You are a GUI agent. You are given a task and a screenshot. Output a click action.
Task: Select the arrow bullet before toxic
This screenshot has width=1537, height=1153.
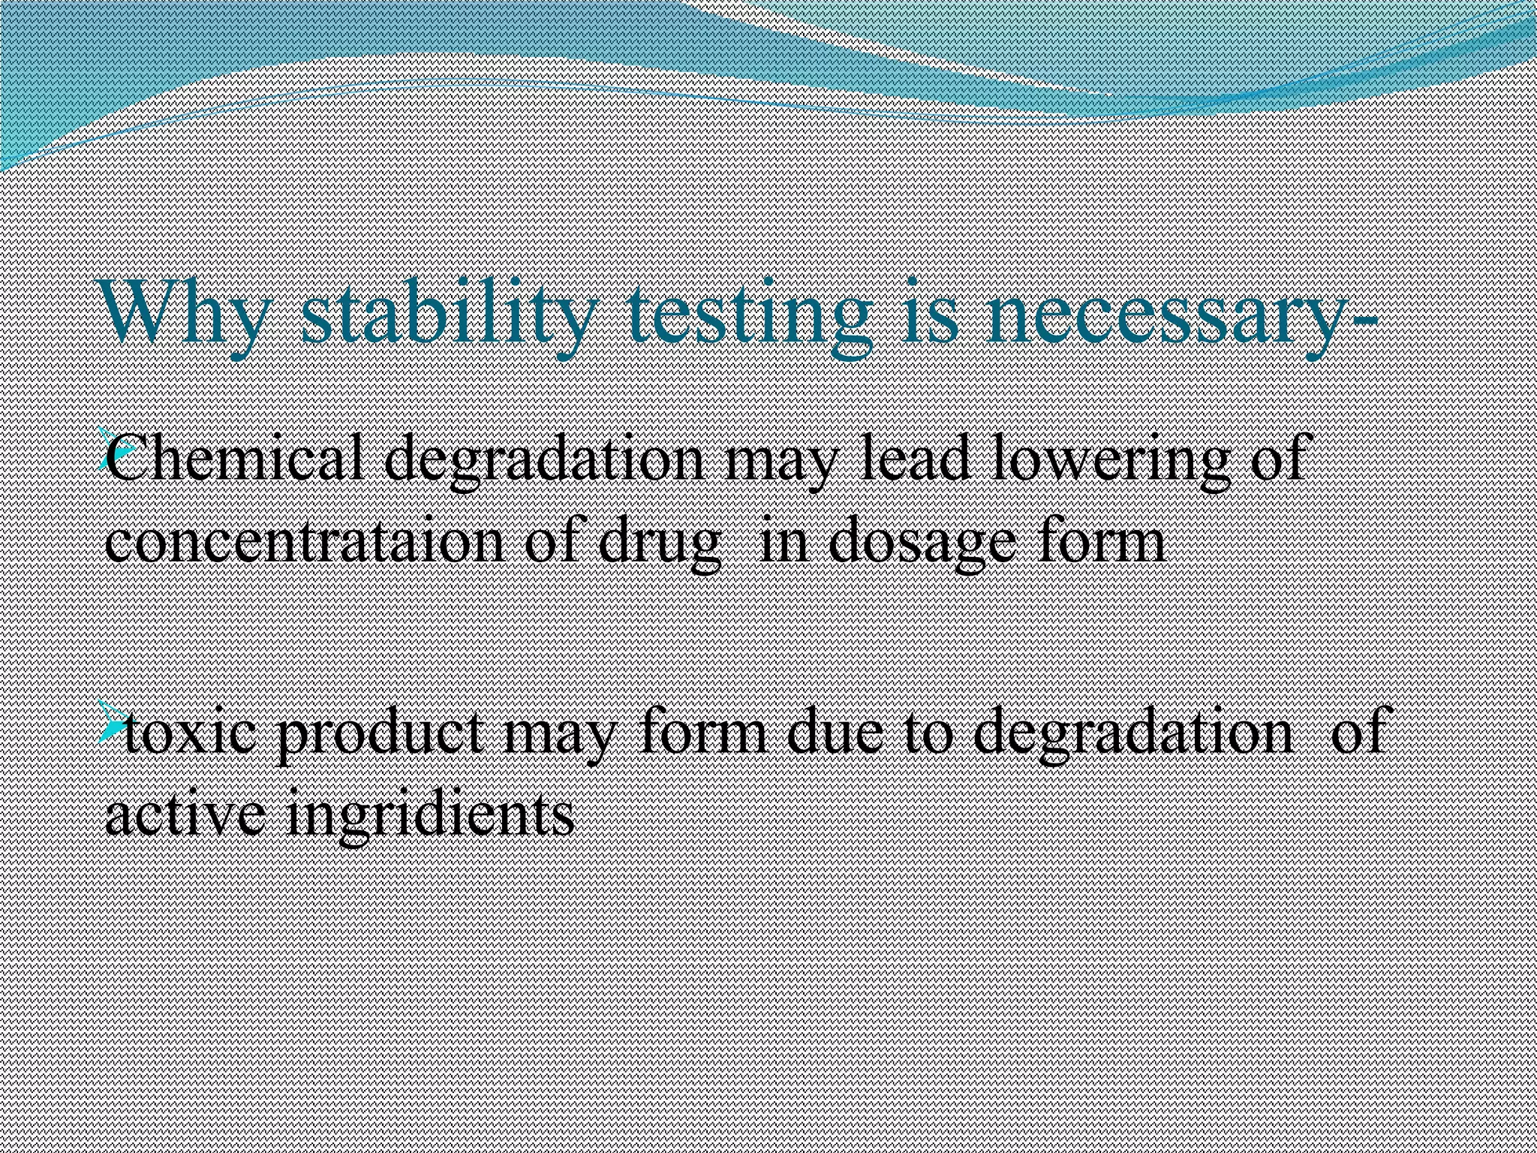click(113, 721)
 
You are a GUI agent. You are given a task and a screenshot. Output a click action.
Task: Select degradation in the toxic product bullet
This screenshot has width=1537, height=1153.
click(1132, 733)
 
